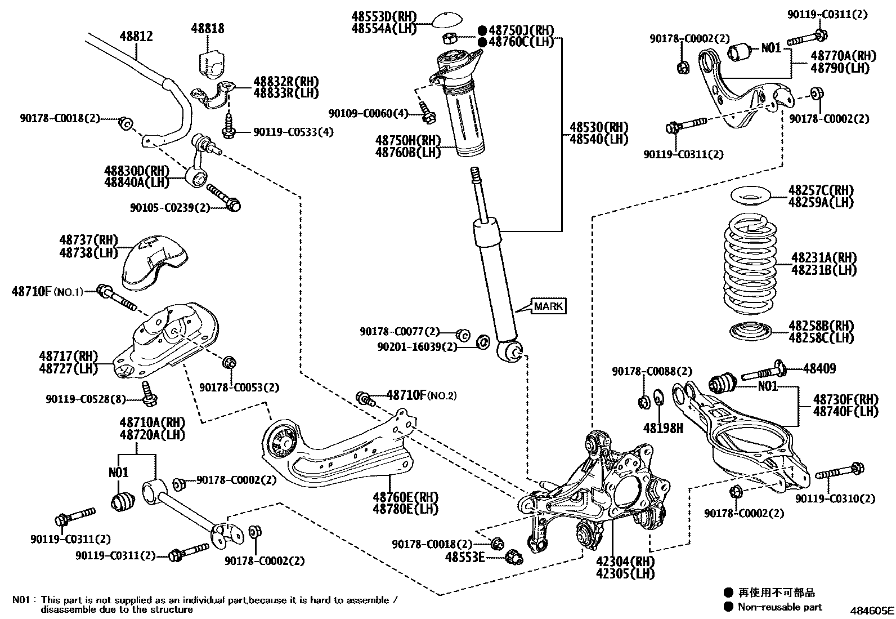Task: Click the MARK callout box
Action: point(548,306)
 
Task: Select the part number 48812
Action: point(136,37)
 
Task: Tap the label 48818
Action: point(207,28)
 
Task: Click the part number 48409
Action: point(819,369)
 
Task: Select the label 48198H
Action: point(664,428)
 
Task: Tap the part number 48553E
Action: point(465,557)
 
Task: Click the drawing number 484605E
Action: point(871,610)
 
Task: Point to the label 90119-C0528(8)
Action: point(86,399)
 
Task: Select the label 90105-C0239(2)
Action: point(169,207)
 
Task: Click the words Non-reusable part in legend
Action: point(779,607)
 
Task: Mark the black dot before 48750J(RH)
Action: point(482,30)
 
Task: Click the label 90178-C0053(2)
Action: point(239,388)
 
